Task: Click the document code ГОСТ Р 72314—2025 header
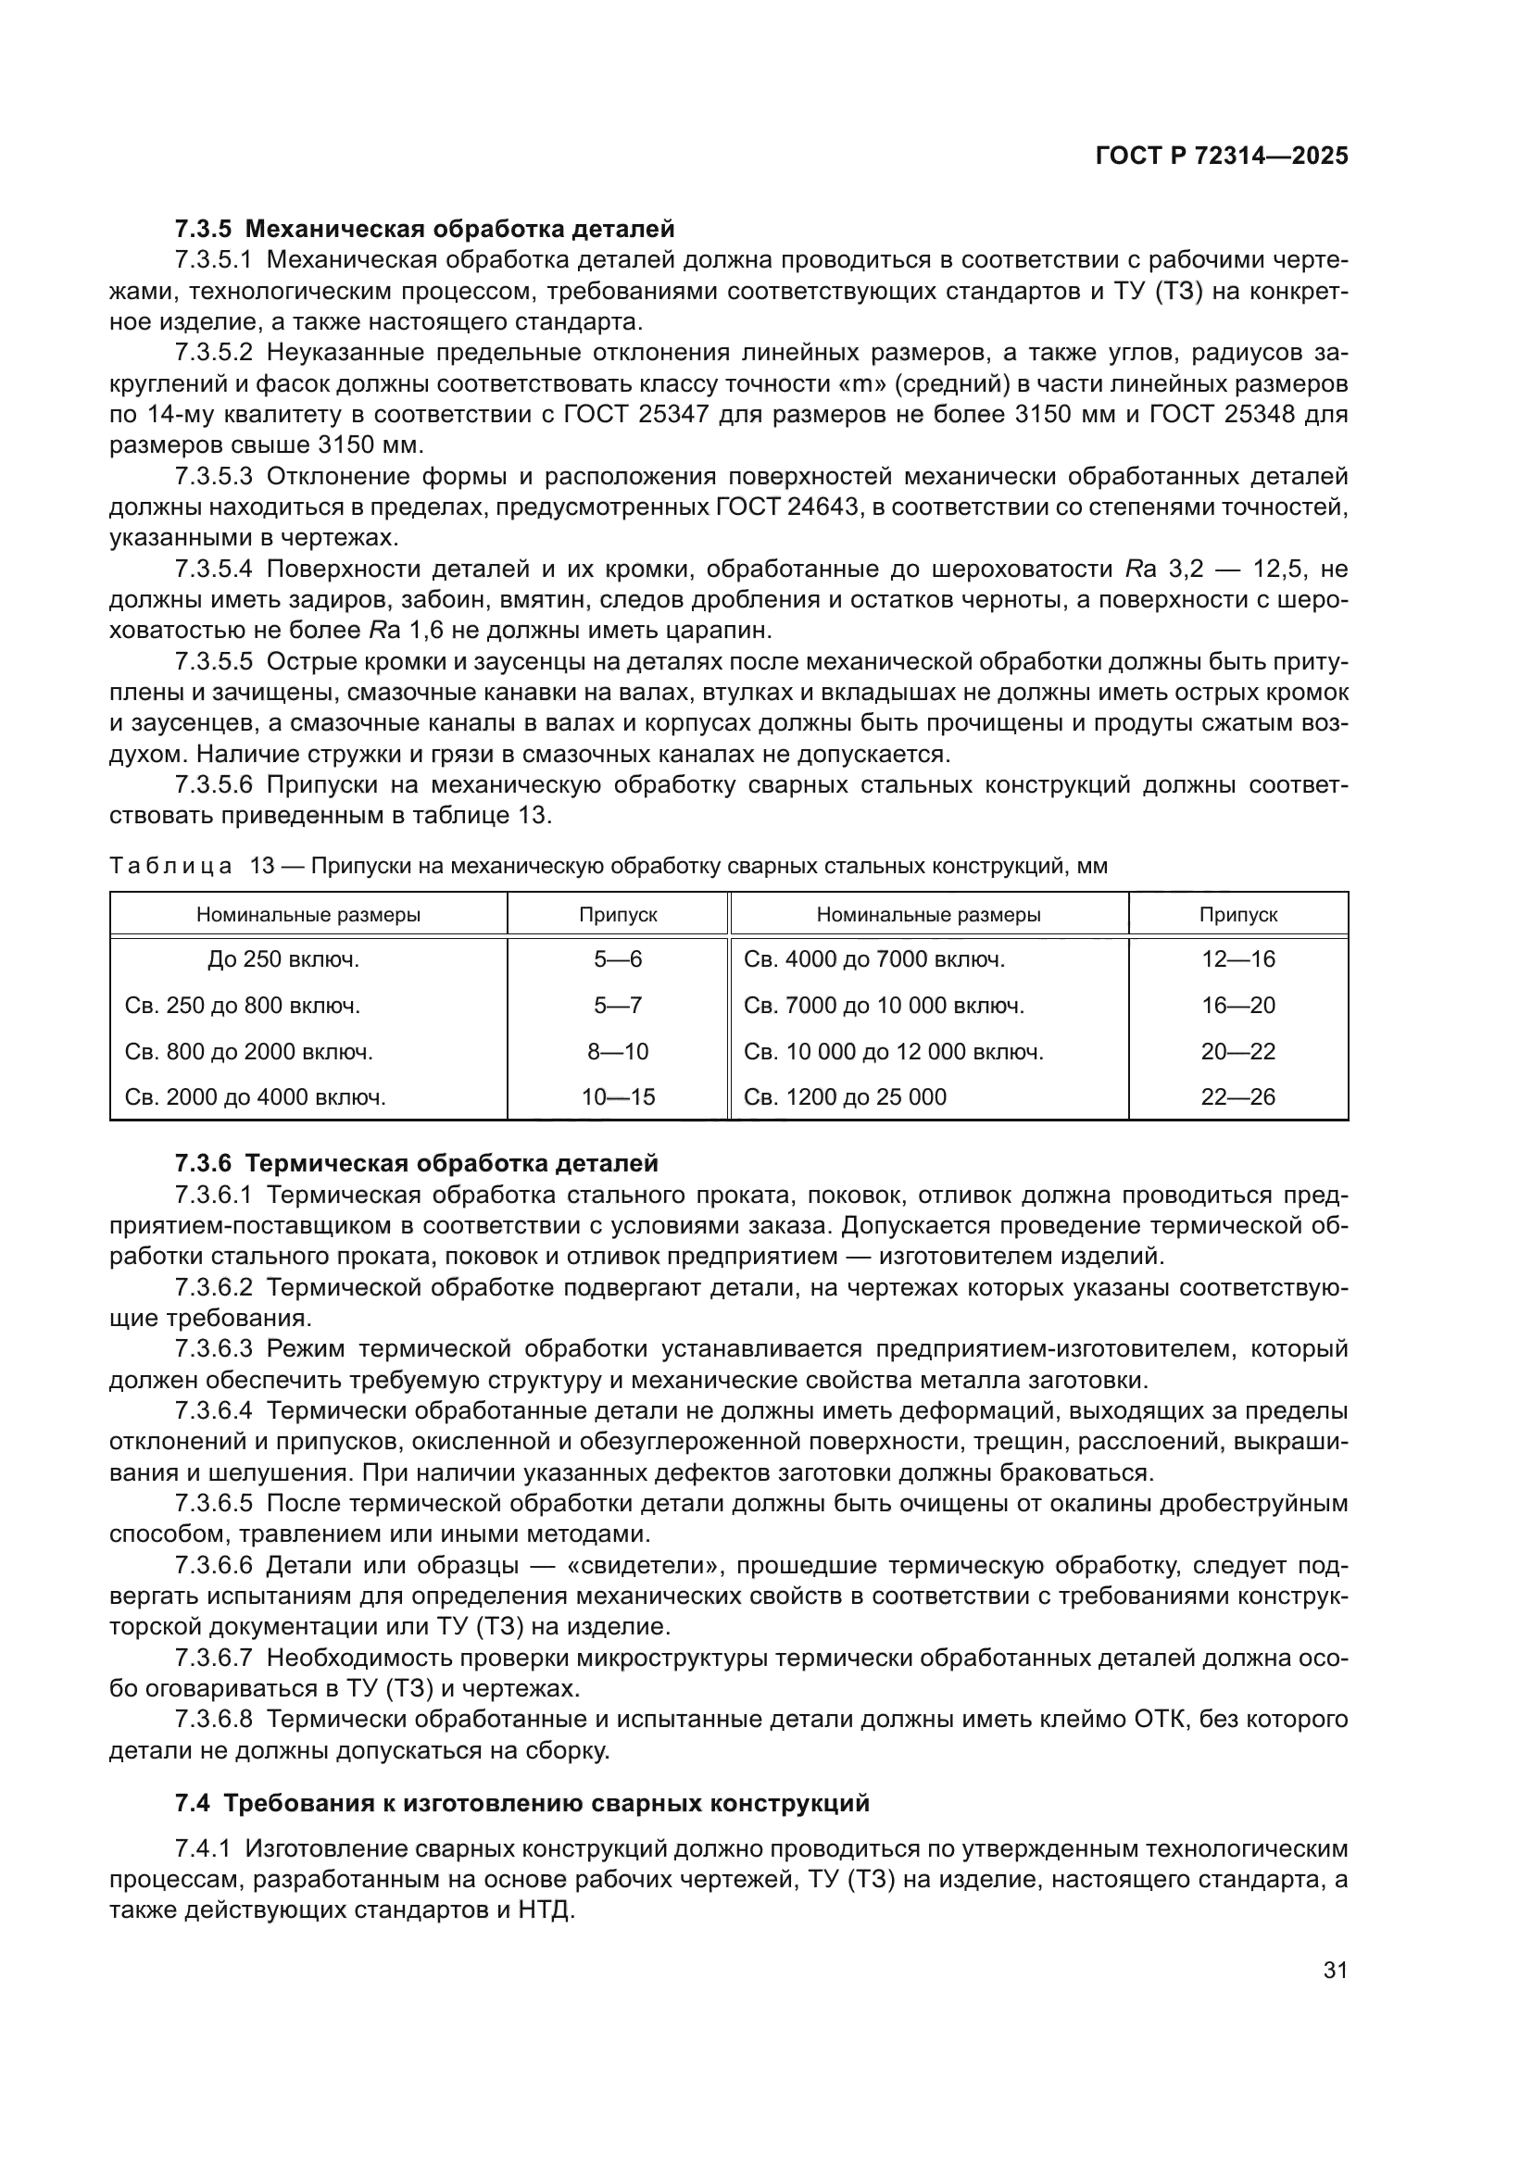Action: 1222,157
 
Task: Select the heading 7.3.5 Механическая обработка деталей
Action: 424,229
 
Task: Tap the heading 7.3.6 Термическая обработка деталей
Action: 416,1163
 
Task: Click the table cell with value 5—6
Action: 618,959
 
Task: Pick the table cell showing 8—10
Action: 618,1051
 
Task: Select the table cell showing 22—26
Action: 1237,1096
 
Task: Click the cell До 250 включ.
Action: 284,959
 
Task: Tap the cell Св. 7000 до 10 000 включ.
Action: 884,1006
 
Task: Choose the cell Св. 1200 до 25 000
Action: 845,1096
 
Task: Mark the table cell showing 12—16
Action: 1237,959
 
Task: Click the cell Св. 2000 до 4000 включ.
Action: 256,1096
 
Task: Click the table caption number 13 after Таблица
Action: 261,866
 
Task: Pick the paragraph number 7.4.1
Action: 203,1847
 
